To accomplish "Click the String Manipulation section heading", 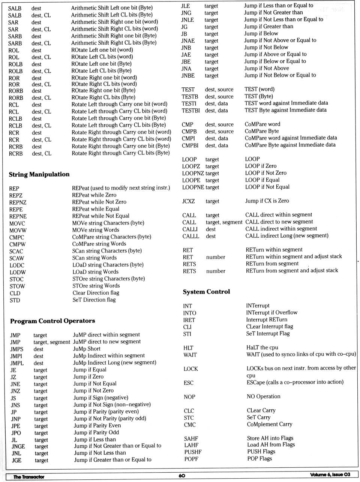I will (x=39, y=174).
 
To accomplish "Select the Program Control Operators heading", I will (x=52, y=321).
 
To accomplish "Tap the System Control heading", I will (x=206, y=292).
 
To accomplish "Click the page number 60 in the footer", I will (x=182, y=475).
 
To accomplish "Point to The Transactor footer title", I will (x=29, y=477).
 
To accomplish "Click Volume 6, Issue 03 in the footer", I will (x=330, y=475).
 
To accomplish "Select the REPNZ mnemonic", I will (x=18, y=202).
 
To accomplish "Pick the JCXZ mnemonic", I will (x=189, y=201).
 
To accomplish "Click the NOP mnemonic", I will (x=189, y=397).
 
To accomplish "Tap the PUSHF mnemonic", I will (x=193, y=452).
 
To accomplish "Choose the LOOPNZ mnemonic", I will (x=193, y=173).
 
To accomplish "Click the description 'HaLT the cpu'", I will (x=262, y=347).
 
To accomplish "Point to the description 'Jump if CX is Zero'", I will (x=267, y=201).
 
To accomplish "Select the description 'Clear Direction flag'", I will (x=96, y=293).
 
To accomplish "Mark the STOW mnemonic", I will (x=17, y=286).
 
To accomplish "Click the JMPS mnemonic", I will (x=16, y=349).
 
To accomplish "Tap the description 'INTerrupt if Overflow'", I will (x=271, y=313).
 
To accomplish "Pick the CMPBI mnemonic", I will (x=190, y=145).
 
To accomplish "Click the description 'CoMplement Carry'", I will (x=269, y=424).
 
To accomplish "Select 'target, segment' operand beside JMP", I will (x=52, y=342).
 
